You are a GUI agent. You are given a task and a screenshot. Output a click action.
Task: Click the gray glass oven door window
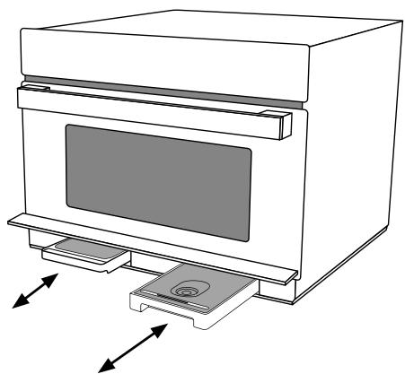pyautogui.click(x=157, y=168)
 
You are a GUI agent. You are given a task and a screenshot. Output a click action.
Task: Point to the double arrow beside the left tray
pyautogui.click(x=36, y=290)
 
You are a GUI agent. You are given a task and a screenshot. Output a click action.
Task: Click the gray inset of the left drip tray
pyautogui.click(x=81, y=248)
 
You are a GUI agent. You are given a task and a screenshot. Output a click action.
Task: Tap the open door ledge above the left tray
pyautogui.click(x=54, y=222)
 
